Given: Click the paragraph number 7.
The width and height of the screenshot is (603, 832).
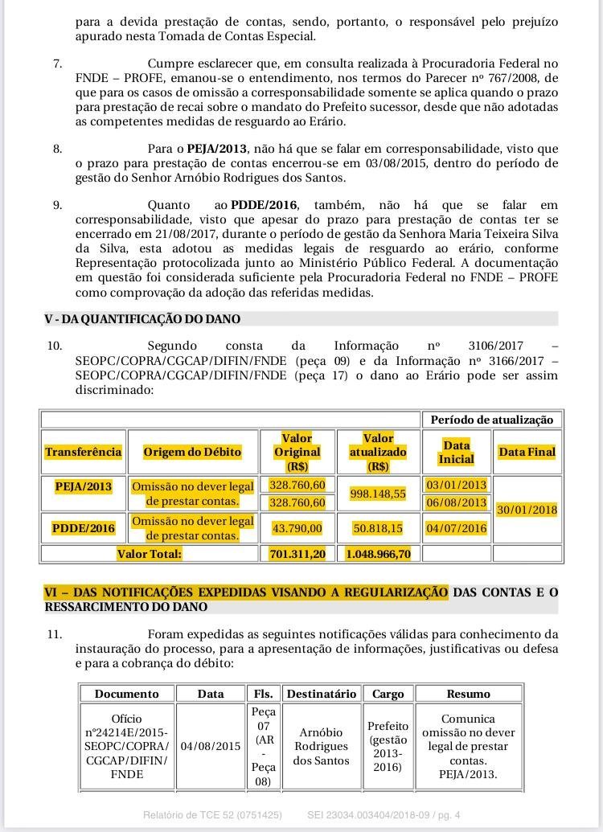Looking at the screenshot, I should point(57,63).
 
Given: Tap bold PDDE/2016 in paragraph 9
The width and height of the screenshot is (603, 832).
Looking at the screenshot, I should point(264,205).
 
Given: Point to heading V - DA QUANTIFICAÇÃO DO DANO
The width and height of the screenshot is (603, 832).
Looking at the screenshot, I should point(142,319).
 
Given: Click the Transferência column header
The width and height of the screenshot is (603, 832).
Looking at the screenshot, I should point(84,452).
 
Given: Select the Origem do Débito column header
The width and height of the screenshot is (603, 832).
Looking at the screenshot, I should point(192,452).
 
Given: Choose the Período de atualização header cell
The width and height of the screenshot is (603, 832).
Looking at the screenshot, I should point(492,420).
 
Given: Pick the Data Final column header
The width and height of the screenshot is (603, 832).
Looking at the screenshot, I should point(527,452).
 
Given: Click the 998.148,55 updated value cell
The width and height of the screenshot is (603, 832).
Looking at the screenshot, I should point(378,494).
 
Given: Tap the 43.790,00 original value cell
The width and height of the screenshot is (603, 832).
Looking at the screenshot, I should point(297,528).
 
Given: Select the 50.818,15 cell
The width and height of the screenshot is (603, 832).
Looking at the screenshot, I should point(378,528).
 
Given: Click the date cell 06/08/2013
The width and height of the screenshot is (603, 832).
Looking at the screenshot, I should point(456,502).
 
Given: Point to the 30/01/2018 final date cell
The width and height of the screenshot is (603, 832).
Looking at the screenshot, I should point(527,510).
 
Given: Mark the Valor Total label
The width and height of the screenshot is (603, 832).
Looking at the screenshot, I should point(150,554).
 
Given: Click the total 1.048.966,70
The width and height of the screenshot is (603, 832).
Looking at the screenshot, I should point(378,554).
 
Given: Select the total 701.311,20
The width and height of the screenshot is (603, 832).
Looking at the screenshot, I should point(297,554).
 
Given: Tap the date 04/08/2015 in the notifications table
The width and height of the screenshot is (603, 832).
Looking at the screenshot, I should point(211,746).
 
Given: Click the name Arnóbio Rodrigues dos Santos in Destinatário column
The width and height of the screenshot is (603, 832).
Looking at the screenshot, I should point(322,746).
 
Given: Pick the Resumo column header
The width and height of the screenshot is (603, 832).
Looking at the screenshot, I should point(468,694).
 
